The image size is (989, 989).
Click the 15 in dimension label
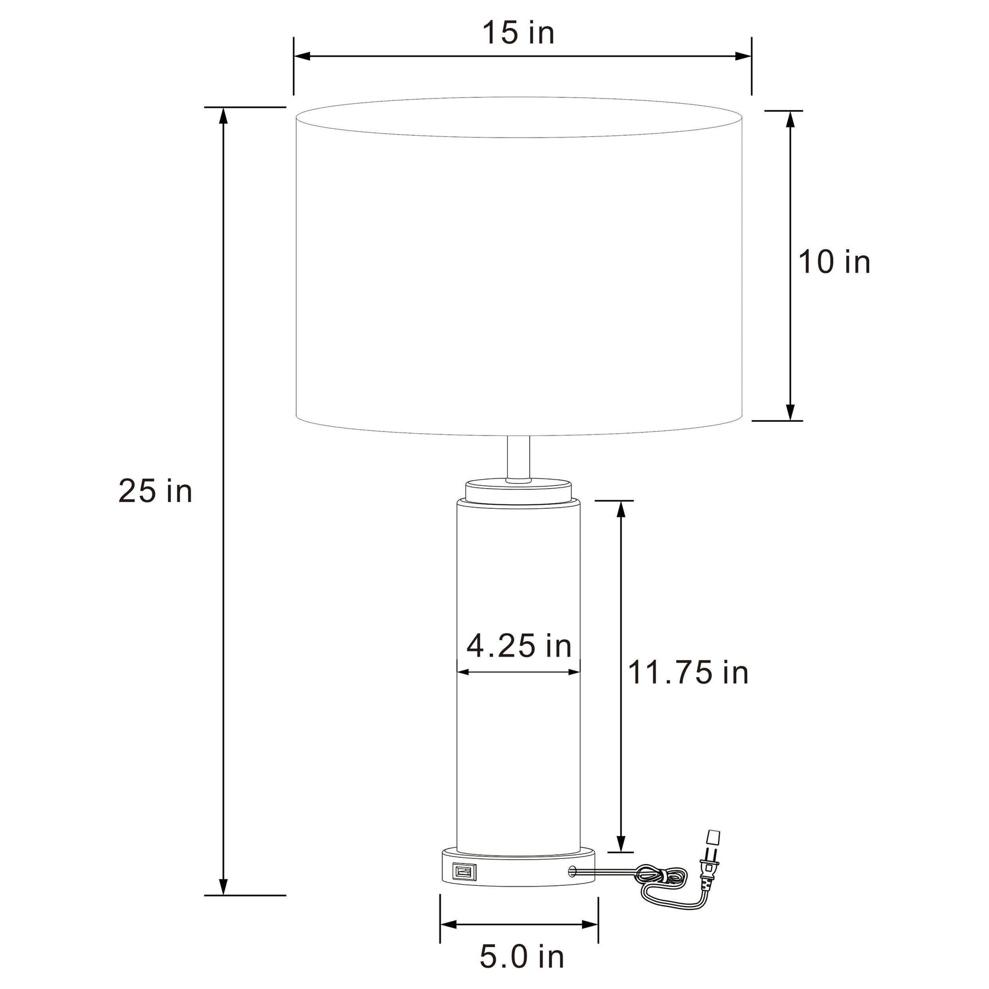click(x=519, y=33)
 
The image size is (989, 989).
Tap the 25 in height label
click(x=155, y=492)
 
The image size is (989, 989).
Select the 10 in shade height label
click(x=834, y=262)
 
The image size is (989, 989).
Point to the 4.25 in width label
click(x=519, y=646)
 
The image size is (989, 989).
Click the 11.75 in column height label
click(x=688, y=672)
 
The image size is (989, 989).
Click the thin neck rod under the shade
click(x=519, y=458)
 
